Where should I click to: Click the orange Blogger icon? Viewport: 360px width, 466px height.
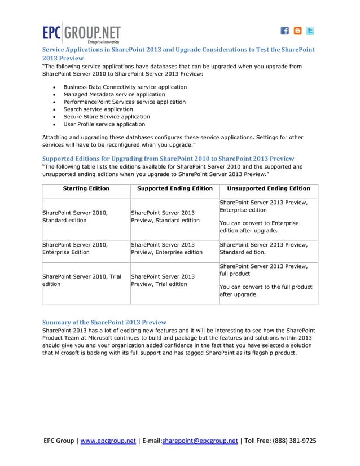coord(297,31)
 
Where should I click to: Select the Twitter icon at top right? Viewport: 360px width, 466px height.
coord(310,31)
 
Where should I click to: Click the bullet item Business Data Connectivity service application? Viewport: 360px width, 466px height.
coord(125,87)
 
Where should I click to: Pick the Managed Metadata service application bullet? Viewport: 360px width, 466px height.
coord(114,95)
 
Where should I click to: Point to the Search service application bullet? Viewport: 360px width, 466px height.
coord(98,109)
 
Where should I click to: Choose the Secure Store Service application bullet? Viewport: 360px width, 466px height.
coord(107,117)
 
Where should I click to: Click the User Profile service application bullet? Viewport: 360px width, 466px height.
coord(104,124)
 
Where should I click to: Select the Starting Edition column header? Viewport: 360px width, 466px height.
coord(86,188)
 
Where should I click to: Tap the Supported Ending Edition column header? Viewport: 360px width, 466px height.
coord(175,188)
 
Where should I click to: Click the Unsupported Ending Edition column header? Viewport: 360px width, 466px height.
coord(268,188)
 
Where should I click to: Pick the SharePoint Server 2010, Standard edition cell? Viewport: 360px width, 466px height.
coord(74,217)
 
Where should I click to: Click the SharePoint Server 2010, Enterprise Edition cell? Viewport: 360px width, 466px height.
coord(74,249)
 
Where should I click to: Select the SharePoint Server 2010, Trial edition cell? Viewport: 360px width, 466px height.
coord(82,280)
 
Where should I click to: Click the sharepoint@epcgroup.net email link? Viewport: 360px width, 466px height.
coord(200,441)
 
